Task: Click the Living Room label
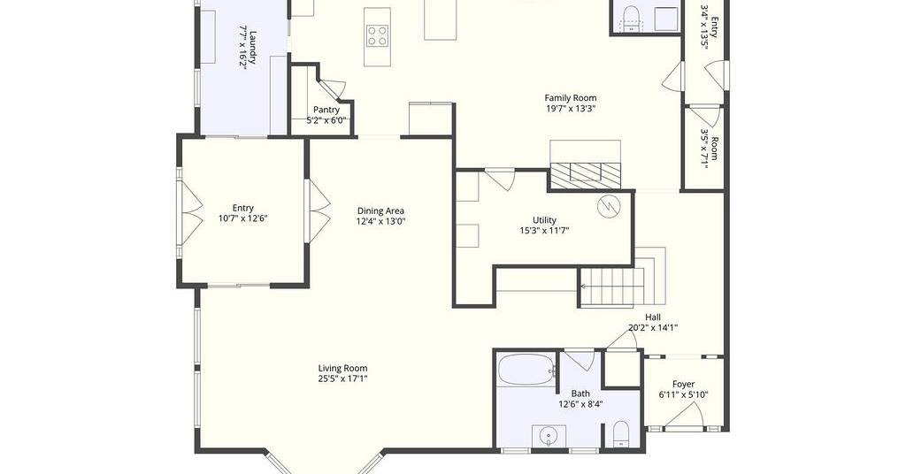tap(342, 369)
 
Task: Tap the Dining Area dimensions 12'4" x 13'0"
tap(380, 221)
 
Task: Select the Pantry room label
tap(326, 110)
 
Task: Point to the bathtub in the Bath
tap(526, 370)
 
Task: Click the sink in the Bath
tap(546, 435)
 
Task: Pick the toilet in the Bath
tap(620, 433)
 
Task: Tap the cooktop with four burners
tap(378, 35)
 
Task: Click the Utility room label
tap(544, 220)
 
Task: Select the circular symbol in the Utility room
tap(608, 206)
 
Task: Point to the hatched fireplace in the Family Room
tap(585, 175)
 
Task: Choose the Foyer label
tap(684, 385)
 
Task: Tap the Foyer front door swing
tap(687, 415)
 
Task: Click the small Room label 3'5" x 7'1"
tap(710, 148)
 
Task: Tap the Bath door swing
tap(579, 359)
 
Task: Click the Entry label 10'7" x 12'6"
tap(242, 214)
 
